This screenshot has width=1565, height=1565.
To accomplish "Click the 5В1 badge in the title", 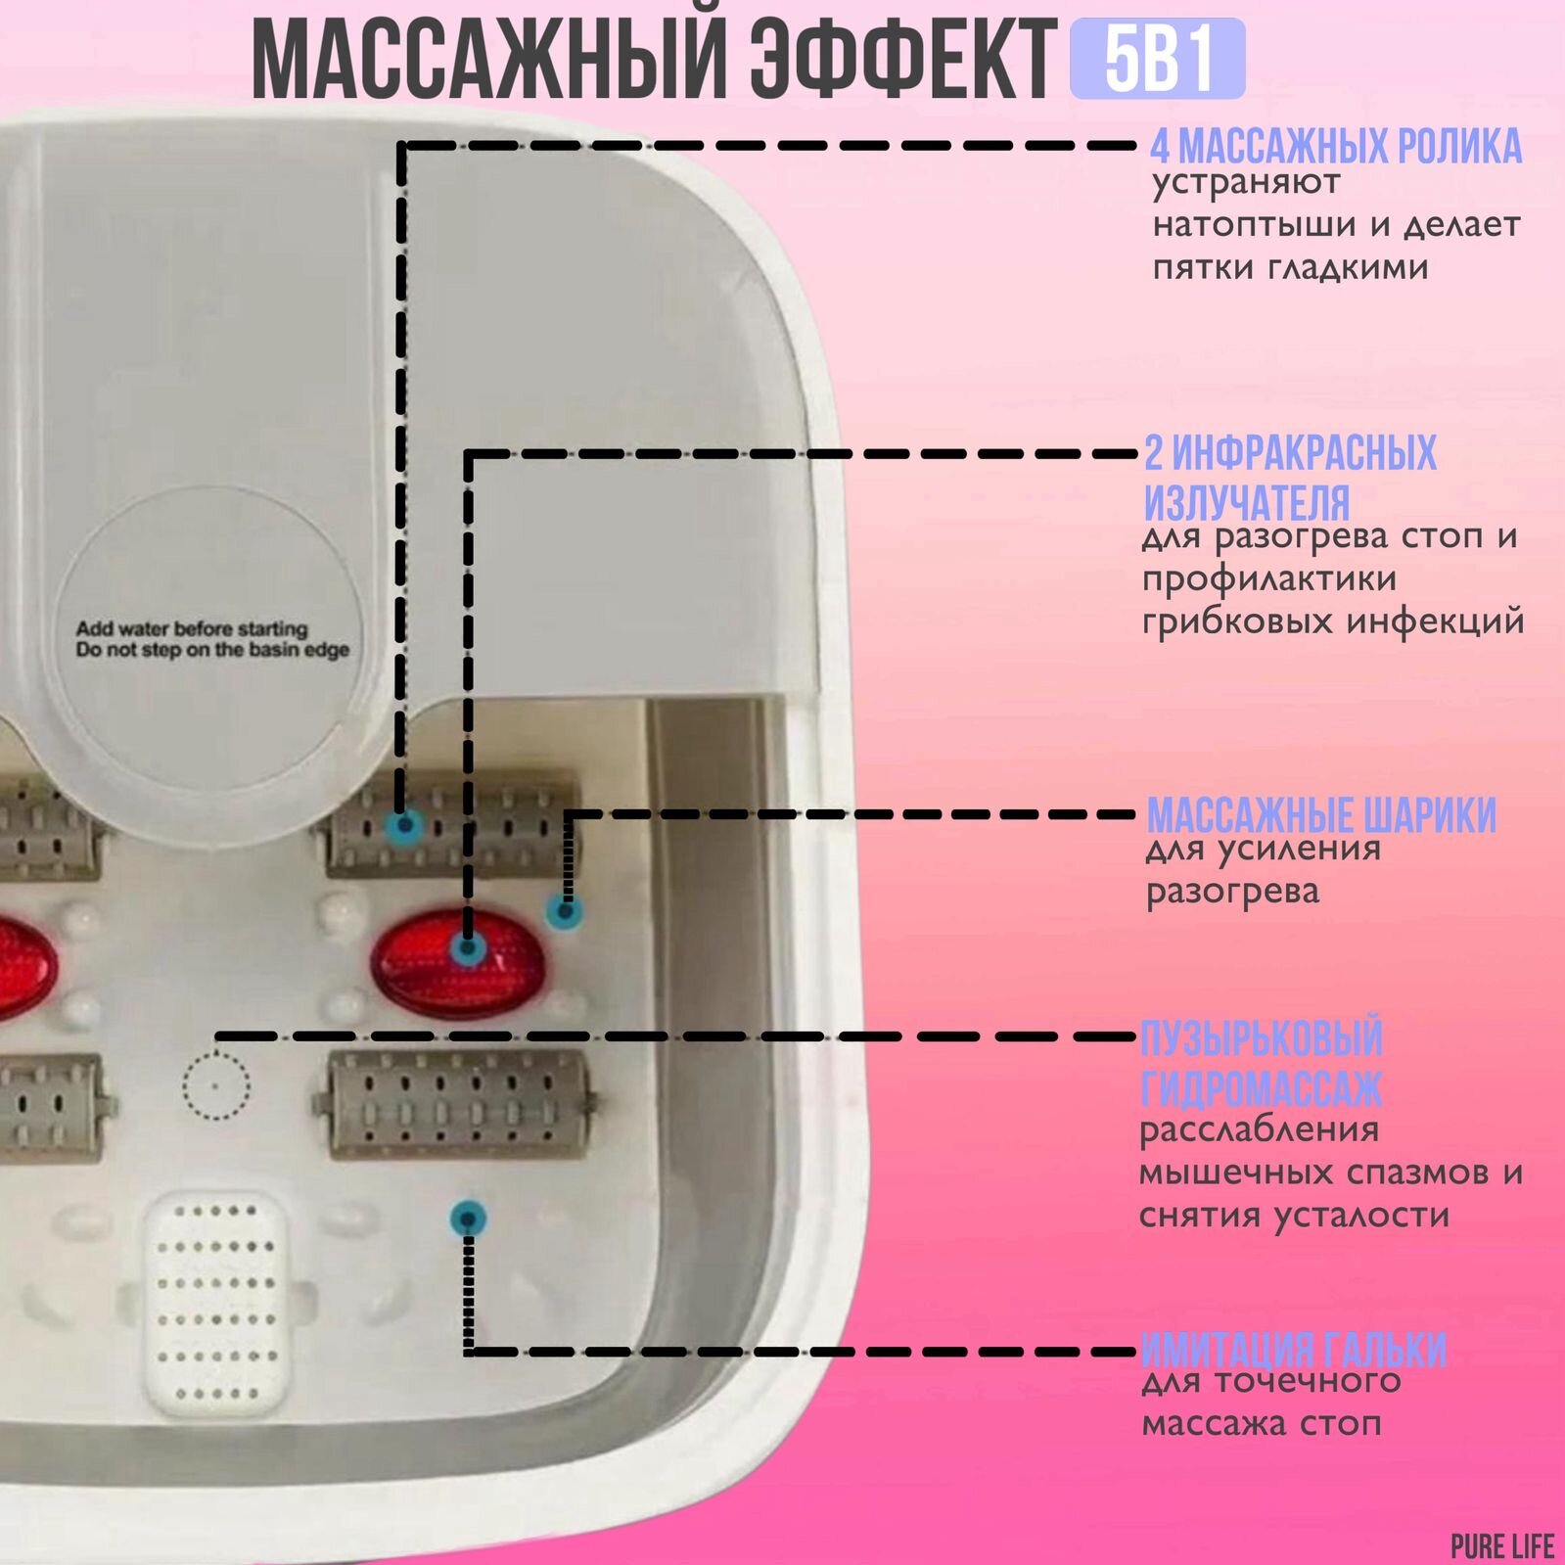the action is pos(1157,58).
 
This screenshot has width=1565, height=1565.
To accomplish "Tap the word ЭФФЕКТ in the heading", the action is pos(903,61).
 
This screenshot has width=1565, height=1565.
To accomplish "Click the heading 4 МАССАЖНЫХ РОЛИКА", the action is pos(1335,147).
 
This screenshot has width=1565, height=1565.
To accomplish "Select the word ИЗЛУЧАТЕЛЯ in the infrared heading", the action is pos(1247,503).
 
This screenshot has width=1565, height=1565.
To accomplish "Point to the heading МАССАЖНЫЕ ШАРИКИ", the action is pos(1321,815).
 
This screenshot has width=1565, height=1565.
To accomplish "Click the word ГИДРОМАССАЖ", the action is pos(1261,1087).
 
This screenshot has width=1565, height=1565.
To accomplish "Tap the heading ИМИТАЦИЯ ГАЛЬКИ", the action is pos(1293,1351).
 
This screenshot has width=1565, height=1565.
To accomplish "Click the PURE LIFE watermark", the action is pos(1501,1546).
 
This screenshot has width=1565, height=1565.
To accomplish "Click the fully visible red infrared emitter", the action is pos(458,960).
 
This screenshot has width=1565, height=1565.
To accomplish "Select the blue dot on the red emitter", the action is pos(468,947).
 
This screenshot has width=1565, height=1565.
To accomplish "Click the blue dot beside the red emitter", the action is pos(563,912).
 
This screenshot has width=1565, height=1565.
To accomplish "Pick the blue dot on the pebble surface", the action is pos(468,1219).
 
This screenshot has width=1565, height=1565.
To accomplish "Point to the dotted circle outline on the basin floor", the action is pos(216,1084).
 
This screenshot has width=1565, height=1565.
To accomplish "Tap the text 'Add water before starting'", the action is pos(192,628).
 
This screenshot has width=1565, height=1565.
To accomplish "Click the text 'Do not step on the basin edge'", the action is pos(212,650).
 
